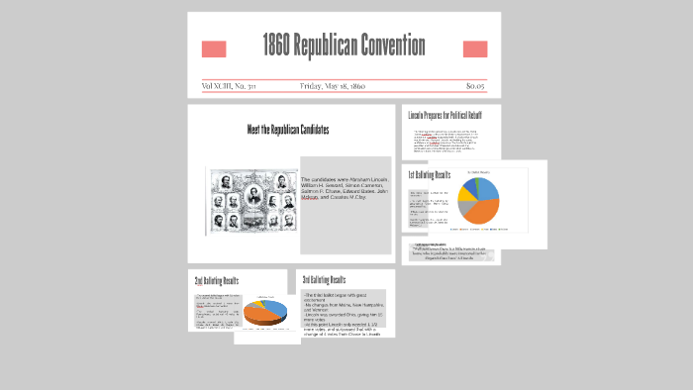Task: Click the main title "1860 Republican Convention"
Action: pos(344,46)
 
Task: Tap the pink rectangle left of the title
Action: pos(214,49)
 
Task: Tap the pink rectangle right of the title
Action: pos(475,49)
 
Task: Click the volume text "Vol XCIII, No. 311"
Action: pos(229,86)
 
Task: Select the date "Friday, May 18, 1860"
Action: pos(333,86)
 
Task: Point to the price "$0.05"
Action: pos(475,86)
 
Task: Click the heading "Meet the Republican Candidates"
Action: pos(288,130)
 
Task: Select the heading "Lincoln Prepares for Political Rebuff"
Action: pos(445,115)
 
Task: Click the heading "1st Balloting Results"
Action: pos(429,175)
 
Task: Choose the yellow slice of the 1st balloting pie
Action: pos(465,194)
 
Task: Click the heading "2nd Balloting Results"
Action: pos(216,281)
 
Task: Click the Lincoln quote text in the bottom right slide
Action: pos(450,251)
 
